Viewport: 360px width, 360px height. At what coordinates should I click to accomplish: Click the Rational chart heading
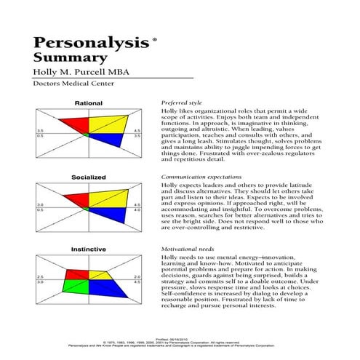(89, 104)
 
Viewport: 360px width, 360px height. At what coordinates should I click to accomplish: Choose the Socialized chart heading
(89, 177)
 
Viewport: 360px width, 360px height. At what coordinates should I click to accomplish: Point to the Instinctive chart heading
(89, 249)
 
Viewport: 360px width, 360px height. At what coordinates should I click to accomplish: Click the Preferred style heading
(180, 105)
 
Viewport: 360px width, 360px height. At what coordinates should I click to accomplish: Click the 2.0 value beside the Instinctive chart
(136, 276)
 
